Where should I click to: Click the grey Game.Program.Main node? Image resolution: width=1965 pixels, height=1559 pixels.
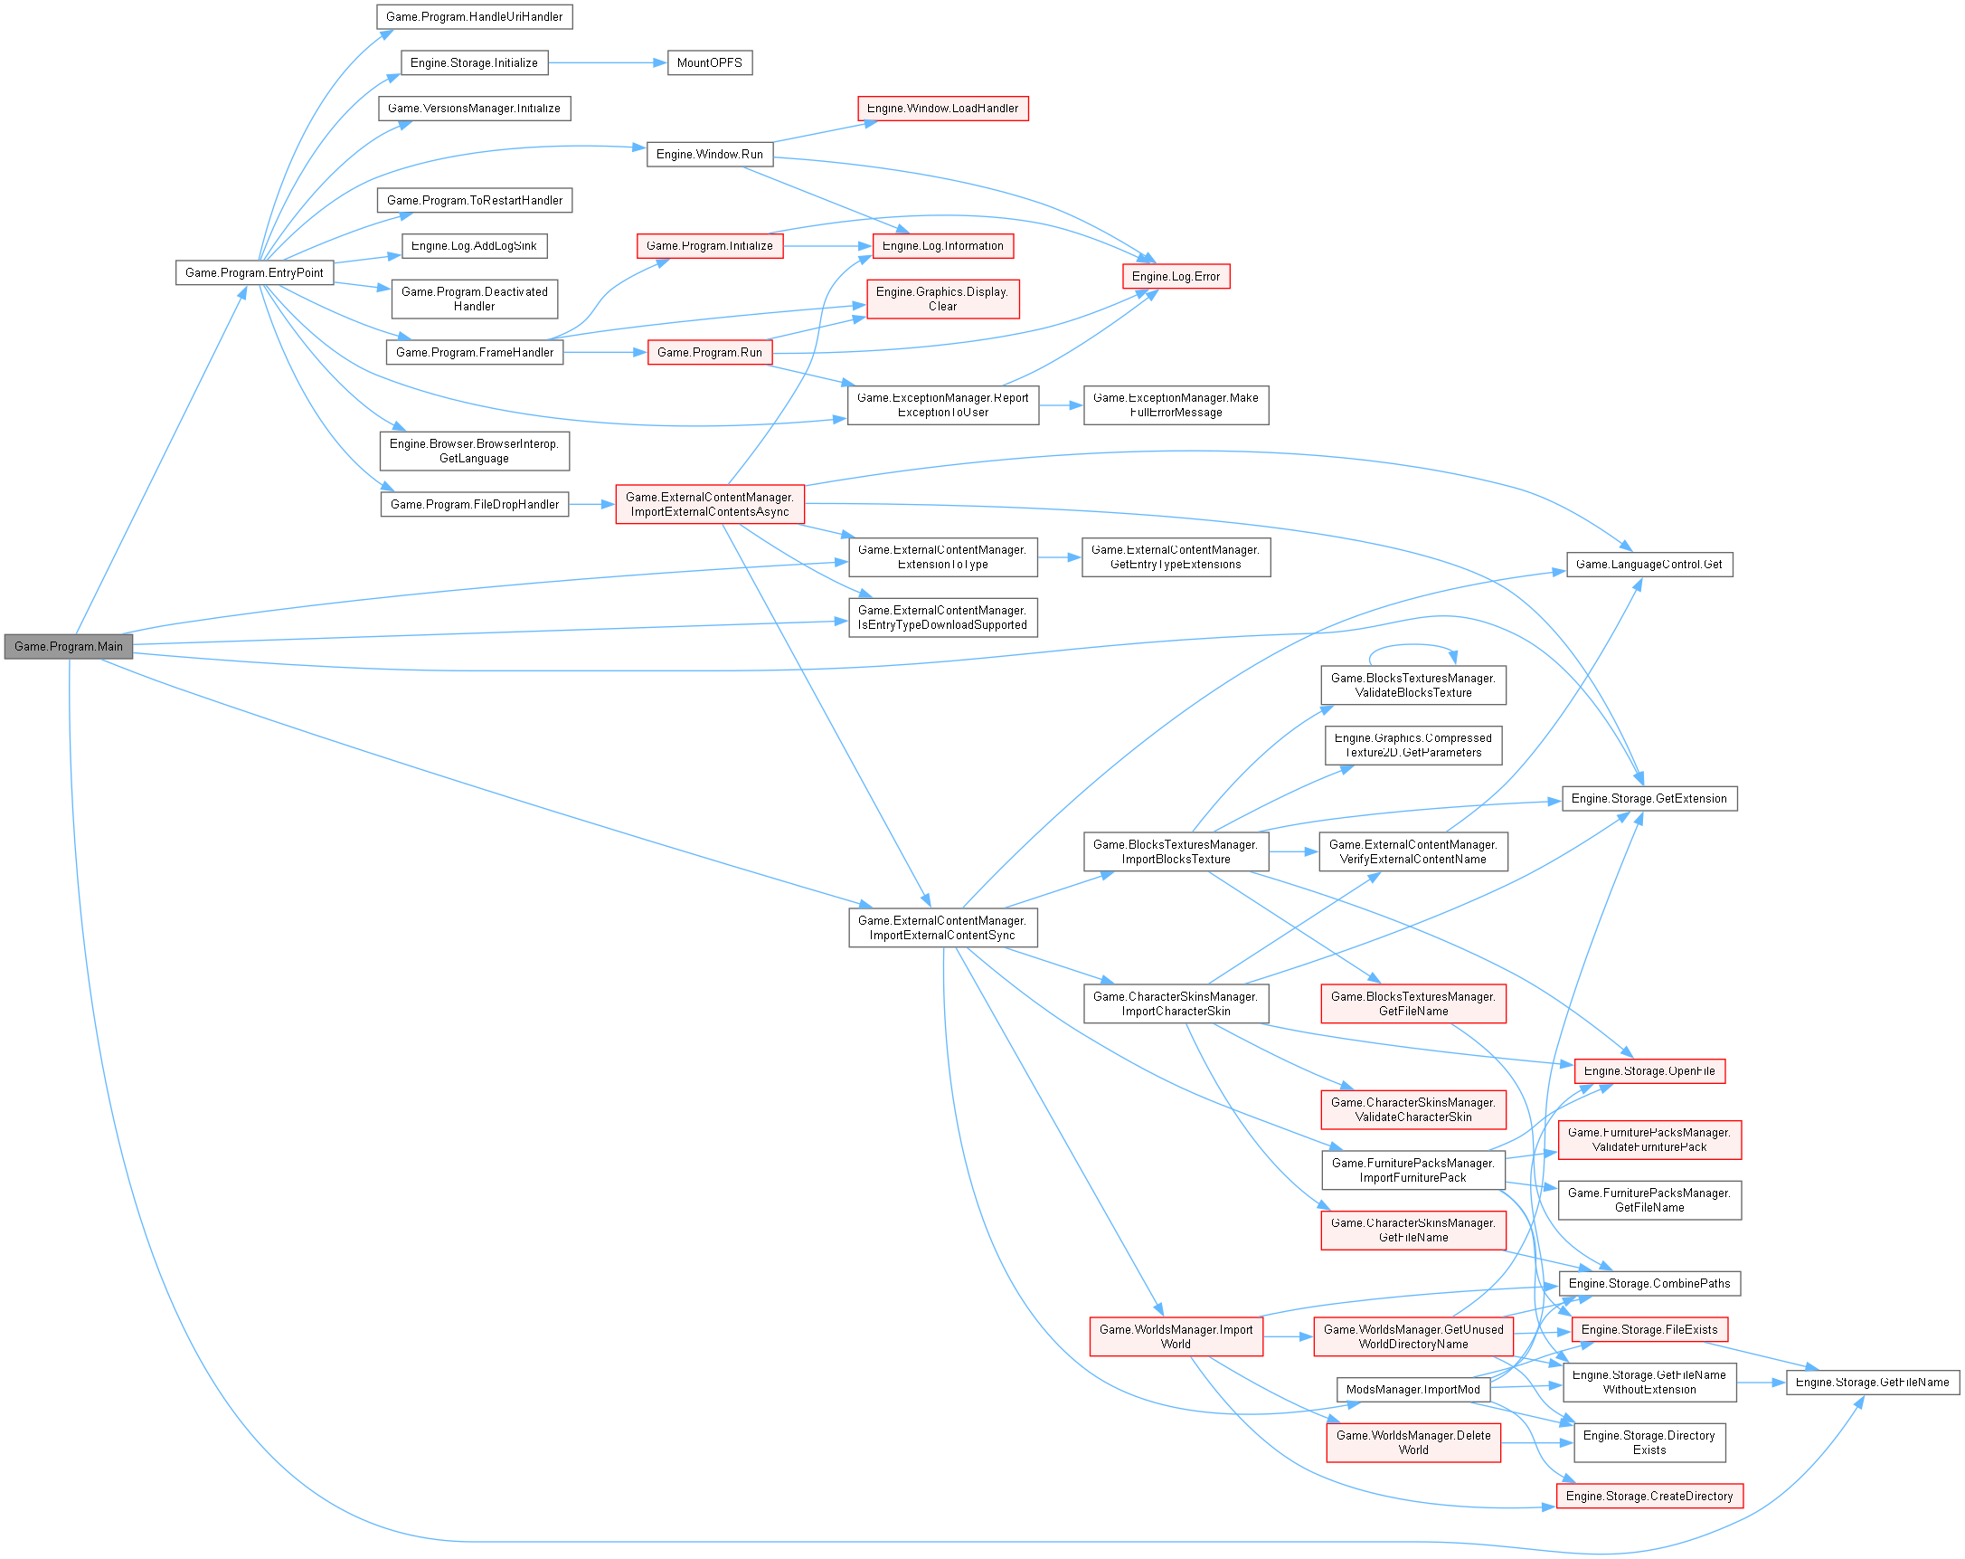pos(69,646)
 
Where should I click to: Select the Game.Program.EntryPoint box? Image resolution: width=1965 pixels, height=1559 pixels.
pos(254,272)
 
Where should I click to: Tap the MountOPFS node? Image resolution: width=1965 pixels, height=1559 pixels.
pos(709,63)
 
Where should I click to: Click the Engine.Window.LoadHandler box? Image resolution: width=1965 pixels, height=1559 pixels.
pos(942,109)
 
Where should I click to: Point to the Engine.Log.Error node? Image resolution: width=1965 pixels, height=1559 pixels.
pos(1176,276)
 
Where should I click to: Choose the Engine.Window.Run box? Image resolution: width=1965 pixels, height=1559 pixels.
pos(709,154)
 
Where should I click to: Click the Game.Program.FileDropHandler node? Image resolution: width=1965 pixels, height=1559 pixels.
pos(474,504)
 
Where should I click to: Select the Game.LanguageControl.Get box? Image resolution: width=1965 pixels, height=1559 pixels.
pos(1649,565)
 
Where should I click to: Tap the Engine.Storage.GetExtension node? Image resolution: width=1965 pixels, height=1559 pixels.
pos(1649,799)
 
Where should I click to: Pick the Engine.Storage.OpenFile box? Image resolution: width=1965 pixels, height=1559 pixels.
pos(1649,1071)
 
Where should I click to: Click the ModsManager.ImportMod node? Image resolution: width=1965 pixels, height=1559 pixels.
pos(1412,1390)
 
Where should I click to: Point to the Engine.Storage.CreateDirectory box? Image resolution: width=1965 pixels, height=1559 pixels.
pos(1649,1496)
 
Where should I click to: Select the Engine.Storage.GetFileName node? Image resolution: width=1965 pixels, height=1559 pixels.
pos(1872,1383)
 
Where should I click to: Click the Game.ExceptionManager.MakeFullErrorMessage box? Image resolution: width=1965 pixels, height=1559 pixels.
pos(1176,404)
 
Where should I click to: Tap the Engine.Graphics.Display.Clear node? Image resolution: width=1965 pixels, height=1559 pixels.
pos(942,299)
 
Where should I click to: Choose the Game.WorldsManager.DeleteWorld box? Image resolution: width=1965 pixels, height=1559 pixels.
pos(1412,1442)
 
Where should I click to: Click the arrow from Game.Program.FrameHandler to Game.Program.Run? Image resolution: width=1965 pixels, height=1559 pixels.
pos(605,352)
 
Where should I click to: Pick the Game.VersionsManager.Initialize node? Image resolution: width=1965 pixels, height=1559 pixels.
pos(474,109)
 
